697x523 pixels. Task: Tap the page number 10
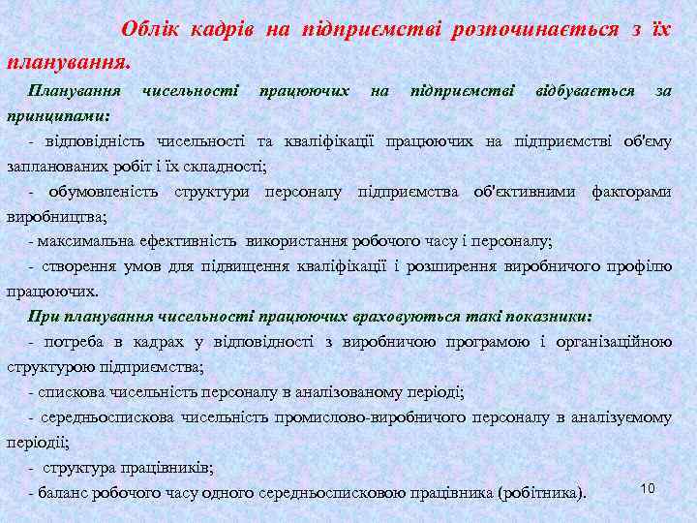(648, 488)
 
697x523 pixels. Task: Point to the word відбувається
(585, 90)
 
